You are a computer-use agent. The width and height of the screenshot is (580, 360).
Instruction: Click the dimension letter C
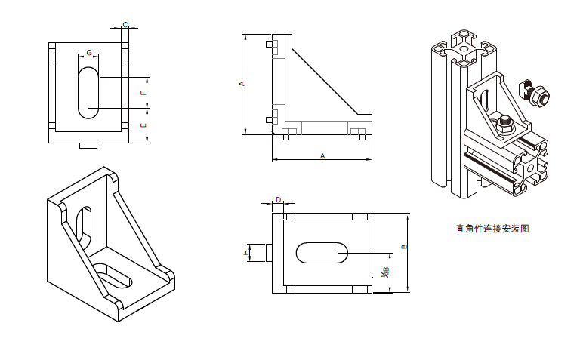125,25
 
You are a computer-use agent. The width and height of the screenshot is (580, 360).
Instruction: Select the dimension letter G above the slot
89,53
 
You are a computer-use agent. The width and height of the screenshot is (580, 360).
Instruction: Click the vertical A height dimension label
242,84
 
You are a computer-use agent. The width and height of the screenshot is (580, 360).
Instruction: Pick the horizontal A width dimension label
322,156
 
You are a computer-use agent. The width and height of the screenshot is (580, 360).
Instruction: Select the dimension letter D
278,200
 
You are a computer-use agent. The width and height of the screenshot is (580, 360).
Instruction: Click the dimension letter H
245,252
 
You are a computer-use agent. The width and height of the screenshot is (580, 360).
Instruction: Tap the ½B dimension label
385,273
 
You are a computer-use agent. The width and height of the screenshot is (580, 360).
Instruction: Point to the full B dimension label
404,246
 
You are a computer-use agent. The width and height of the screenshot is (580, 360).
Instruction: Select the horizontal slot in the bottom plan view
322,252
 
